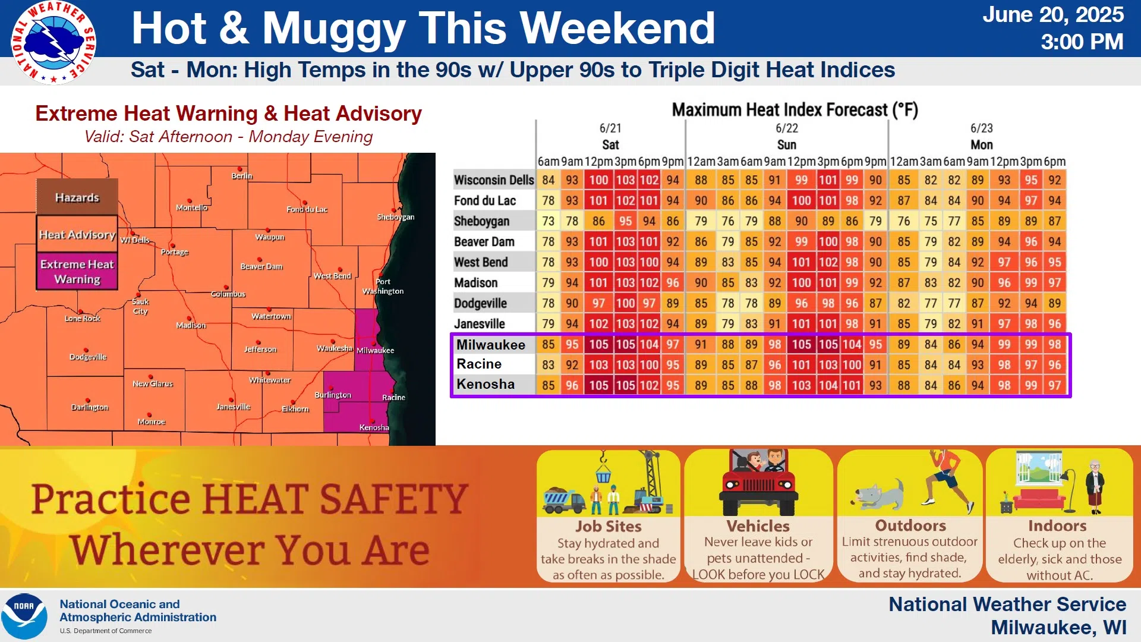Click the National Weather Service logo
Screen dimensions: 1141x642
click(53, 42)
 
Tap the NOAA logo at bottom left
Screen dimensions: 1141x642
click(24, 616)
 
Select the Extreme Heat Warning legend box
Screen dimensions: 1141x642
click(77, 272)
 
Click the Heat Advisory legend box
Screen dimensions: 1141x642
click(77, 235)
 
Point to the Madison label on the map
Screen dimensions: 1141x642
click(191, 325)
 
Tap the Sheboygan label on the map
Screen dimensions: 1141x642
click(396, 217)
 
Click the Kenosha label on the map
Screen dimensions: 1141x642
click(374, 427)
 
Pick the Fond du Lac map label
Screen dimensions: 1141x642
click(307, 209)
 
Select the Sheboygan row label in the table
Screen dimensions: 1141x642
click(481, 221)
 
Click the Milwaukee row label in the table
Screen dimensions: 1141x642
click(491, 345)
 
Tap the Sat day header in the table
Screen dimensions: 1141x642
click(610, 145)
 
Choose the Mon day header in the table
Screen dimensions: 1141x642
click(982, 145)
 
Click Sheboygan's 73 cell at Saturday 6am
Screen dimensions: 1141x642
click(548, 221)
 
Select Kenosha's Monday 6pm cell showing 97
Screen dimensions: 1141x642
click(1055, 385)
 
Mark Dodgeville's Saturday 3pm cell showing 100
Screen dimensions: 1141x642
click(625, 303)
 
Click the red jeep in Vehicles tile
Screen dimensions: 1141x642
click(758, 483)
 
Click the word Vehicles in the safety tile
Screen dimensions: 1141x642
click(758, 526)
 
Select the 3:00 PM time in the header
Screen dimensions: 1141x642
click(1082, 42)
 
